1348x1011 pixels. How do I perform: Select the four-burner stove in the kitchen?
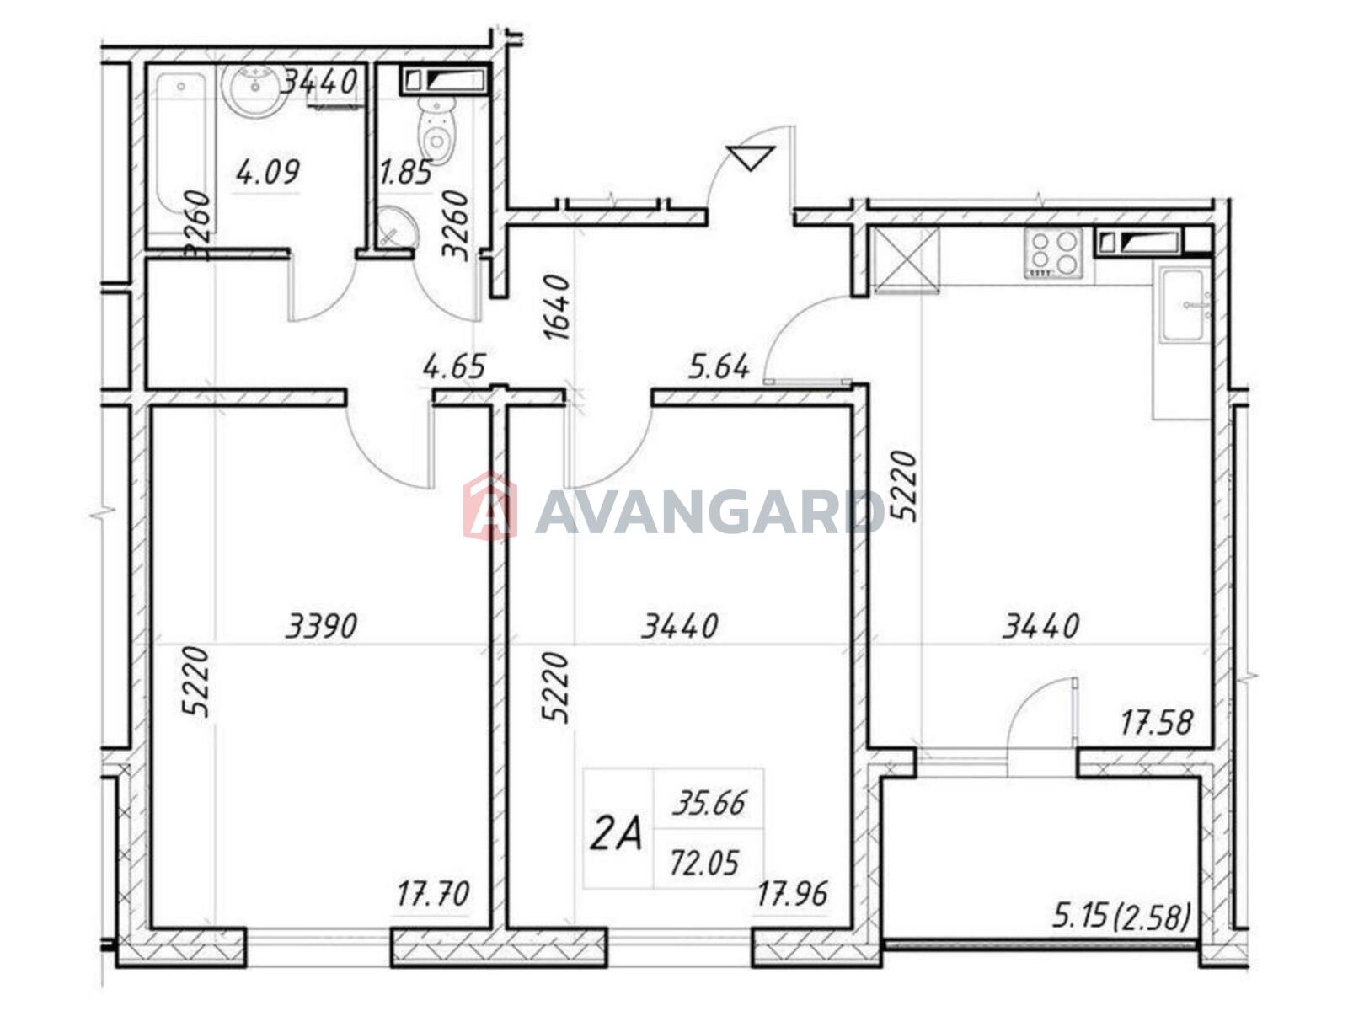click(1052, 252)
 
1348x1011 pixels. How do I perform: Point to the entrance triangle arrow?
click(750, 158)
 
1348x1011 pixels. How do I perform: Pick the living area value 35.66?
click(709, 803)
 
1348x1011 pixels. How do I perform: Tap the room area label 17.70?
click(433, 893)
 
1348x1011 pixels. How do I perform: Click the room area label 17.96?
click(792, 893)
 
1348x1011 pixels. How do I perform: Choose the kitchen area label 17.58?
click(1157, 722)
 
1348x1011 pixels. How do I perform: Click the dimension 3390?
click(322, 627)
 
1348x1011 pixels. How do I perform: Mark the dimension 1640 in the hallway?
click(558, 307)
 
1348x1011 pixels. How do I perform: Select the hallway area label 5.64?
click(719, 367)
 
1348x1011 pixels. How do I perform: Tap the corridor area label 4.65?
click(454, 366)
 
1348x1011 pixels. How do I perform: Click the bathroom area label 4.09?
click(268, 172)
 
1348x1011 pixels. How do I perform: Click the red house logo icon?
click(489, 505)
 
